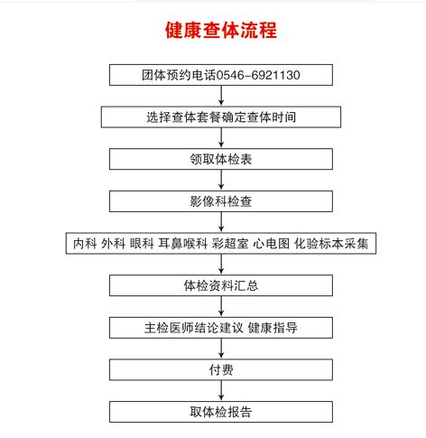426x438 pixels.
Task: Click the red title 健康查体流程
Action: tap(221, 30)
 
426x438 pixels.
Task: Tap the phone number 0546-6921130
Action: tap(258, 75)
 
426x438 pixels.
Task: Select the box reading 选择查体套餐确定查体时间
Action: tap(221, 116)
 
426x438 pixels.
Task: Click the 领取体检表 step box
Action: tap(221, 159)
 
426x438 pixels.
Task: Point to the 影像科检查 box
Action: tap(221, 201)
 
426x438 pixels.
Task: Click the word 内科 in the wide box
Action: tap(85, 243)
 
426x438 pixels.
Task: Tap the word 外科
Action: tap(113, 243)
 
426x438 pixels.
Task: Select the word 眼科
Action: tap(142, 243)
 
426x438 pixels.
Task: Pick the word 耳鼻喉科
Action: tap(183, 243)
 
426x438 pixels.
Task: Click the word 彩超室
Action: tap(230, 243)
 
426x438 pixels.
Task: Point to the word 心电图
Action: tap(272, 243)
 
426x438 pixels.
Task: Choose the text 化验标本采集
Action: tap(331, 243)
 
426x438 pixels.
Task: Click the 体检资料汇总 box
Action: tap(221, 285)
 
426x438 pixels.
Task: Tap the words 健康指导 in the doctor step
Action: tap(273, 328)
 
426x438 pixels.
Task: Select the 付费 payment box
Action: tap(221, 369)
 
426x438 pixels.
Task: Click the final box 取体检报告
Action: tap(221, 412)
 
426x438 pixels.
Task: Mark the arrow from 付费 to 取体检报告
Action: tap(221, 390)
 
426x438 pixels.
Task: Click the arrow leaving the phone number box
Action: tap(221, 96)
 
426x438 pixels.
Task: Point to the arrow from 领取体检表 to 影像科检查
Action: tap(221, 180)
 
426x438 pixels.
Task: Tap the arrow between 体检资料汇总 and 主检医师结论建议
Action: tap(221, 306)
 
